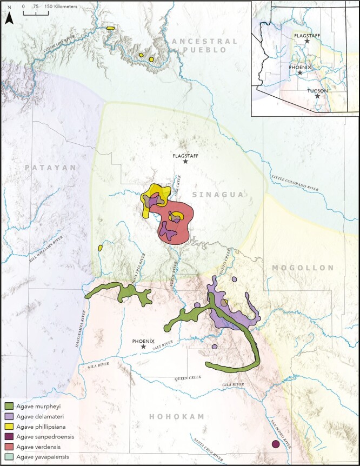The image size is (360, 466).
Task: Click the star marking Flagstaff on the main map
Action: tap(185, 161)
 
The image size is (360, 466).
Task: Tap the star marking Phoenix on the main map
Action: tap(143, 346)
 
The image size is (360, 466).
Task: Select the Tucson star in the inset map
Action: tap(318, 97)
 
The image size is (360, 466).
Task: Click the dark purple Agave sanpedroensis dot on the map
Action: tap(276, 444)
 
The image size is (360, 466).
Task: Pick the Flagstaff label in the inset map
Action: tap(306, 35)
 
